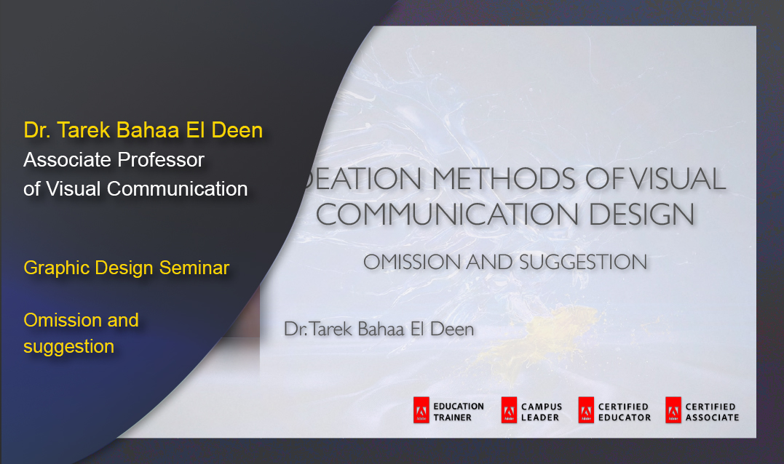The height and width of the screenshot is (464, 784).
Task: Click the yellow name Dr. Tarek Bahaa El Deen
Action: [143, 130]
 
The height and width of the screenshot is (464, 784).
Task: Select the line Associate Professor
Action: [114, 159]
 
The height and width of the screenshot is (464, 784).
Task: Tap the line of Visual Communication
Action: [135, 188]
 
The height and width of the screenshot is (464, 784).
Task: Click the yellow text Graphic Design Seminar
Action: [127, 268]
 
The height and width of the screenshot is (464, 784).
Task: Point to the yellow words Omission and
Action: [81, 320]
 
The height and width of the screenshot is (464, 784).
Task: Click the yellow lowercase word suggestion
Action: [69, 346]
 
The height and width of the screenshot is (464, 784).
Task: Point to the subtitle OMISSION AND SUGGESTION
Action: [505, 262]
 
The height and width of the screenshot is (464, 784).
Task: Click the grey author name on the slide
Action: [379, 329]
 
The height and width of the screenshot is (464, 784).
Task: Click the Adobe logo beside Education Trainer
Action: [421, 411]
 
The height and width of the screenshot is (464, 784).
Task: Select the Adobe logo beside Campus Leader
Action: [509, 411]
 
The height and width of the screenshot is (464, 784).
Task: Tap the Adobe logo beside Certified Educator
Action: [586, 411]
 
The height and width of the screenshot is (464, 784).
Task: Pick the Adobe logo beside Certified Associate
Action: [673, 411]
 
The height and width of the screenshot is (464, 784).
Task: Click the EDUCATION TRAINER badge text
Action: [459, 412]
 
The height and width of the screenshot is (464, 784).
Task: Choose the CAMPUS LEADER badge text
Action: [542, 412]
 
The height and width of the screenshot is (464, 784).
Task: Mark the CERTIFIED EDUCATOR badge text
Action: [624, 412]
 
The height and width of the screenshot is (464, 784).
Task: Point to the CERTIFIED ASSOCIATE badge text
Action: [712, 412]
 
